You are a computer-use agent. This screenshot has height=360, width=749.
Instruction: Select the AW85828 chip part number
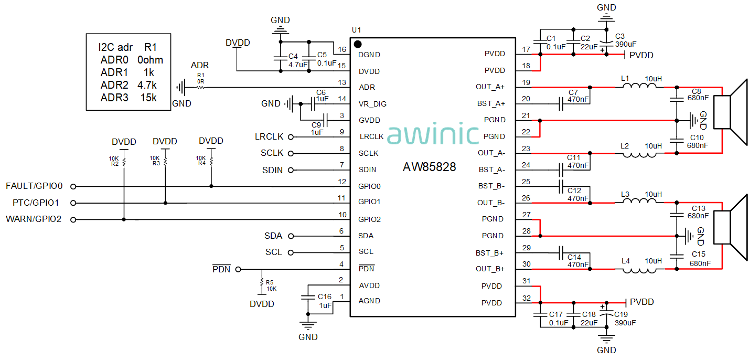(x=429, y=167)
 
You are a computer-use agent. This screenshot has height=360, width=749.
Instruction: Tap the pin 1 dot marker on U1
(x=358, y=44)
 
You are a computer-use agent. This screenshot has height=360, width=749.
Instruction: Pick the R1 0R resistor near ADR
(x=200, y=88)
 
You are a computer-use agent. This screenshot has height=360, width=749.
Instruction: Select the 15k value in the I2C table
(x=148, y=98)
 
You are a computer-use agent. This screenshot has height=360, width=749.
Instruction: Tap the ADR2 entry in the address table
(x=114, y=85)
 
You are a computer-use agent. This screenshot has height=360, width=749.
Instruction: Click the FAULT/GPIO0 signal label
(x=34, y=186)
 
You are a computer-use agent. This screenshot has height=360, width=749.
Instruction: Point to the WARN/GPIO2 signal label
(x=34, y=219)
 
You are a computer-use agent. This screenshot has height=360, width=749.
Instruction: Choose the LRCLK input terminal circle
(x=291, y=137)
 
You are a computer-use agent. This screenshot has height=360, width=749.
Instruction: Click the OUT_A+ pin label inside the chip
(x=490, y=87)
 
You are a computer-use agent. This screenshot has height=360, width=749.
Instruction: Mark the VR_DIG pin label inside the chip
(x=372, y=104)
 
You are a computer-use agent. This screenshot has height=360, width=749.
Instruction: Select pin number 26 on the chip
(x=526, y=198)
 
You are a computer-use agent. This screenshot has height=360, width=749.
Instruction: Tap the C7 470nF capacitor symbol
(x=561, y=103)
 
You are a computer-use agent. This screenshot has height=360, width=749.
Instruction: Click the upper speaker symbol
(x=732, y=111)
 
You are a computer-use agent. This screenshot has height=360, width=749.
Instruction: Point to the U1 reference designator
(x=357, y=30)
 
